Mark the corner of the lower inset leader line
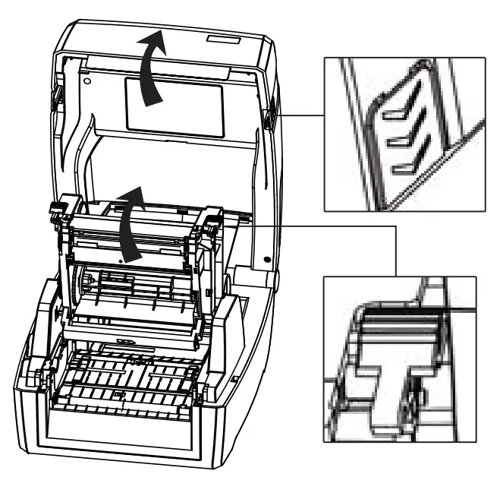coord(397,226)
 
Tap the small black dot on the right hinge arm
coord(267,260)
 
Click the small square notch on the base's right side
coord(236,376)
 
